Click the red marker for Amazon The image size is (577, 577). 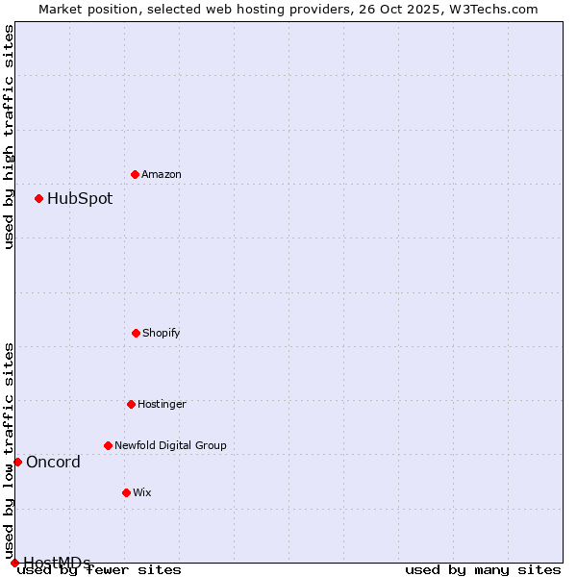(x=135, y=174)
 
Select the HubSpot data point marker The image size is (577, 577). (x=38, y=198)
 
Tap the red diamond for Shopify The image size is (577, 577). (x=136, y=333)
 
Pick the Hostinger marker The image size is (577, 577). (x=131, y=404)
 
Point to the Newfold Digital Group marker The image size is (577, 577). (x=108, y=445)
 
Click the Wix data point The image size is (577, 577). (x=126, y=492)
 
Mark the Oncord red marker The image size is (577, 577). (x=17, y=462)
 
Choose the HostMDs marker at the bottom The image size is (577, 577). (x=14, y=563)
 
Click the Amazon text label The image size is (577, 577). (x=162, y=174)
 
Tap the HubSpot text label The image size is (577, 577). (x=80, y=199)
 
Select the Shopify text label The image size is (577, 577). (x=162, y=333)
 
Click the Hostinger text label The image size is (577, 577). (x=162, y=404)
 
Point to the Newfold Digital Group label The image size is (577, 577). (x=170, y=445)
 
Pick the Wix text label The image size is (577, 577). (x=142, y=492)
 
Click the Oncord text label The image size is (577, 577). (x=53, y=463)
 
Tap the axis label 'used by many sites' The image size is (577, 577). (x=483, y=570)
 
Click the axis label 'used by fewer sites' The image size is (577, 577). (x=100, y=570)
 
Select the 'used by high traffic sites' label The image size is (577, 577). (x=10, y=137)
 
